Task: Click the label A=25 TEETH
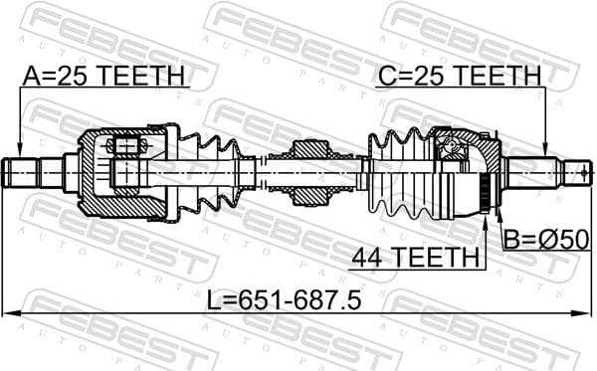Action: [x=104, y=75]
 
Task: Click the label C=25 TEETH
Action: [x=458, y=75]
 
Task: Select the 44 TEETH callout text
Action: [x=414, y=258]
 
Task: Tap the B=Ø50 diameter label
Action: [x=546, y=240]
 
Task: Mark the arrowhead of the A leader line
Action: [x=20, y=151]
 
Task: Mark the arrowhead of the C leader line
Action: [x=546, y=151]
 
